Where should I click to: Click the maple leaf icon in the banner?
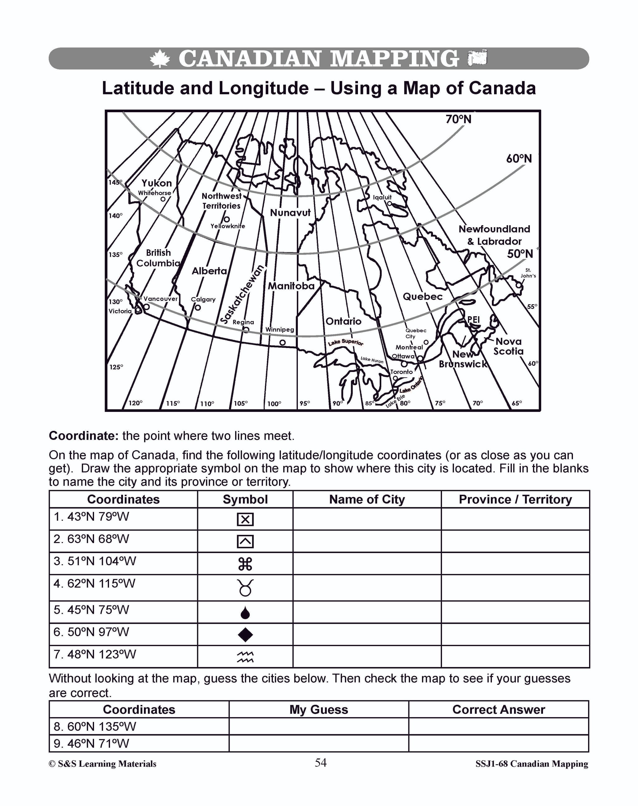(160, 59)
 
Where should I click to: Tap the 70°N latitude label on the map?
(458, 120)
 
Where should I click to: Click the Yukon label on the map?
(156, 183)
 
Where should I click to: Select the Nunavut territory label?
(290, 213)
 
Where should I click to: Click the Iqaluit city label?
(382, 197)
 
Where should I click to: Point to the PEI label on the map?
(473, 320)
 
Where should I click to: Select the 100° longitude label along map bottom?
(274, 404)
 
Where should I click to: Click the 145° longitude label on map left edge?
(115, 182)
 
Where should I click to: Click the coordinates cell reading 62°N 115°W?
(94, 584)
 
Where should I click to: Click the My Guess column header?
(319, 710)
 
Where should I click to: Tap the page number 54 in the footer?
(321, 762)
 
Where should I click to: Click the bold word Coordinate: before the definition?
(84, 436)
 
